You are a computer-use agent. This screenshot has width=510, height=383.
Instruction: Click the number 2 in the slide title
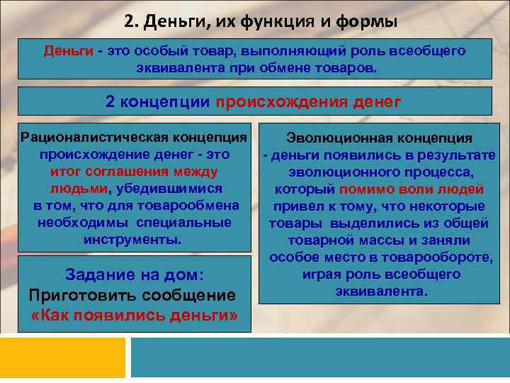[x=128, y=21]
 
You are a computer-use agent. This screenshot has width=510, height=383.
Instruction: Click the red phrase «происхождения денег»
[x=309, y=101]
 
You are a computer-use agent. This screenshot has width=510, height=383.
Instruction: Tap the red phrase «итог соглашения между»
[x=135, y=171]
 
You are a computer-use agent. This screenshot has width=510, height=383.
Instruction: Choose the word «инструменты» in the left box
[x=132, y=240]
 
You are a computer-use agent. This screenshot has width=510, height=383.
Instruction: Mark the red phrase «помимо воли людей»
[x=412, y=189]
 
